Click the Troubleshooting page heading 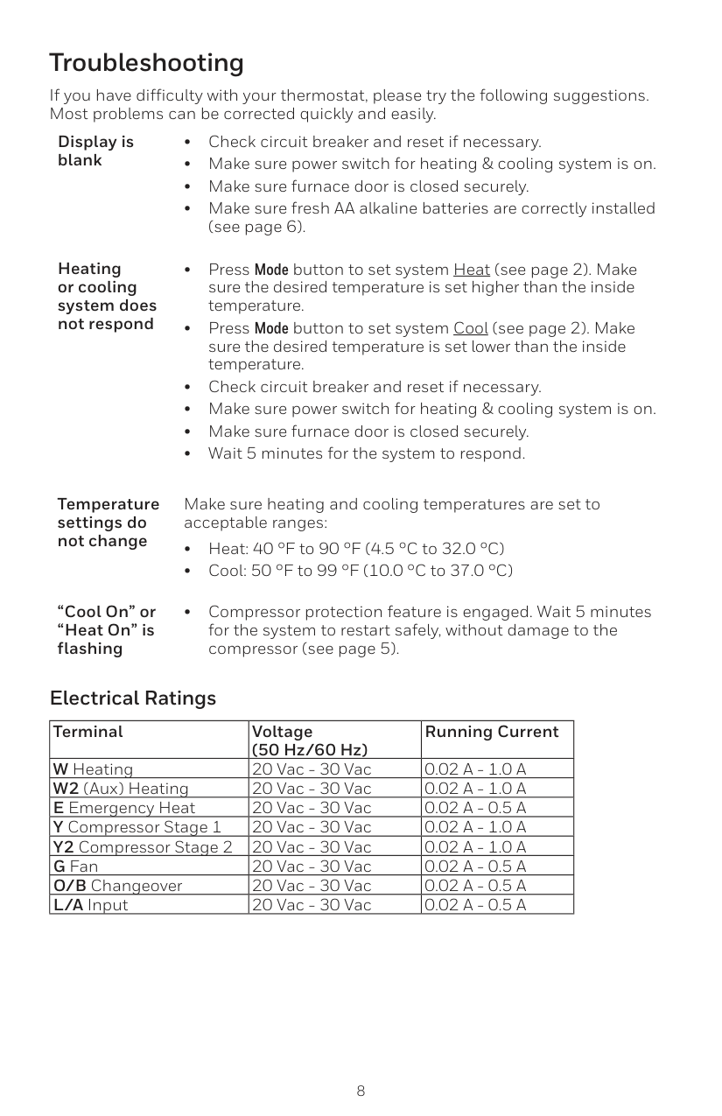click(146, 63)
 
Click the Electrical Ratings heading click(133, 698)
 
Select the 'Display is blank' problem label click(95, 151)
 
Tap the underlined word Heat click(471, 270)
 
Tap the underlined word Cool click(470, 328)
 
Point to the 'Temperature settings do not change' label click(108, 523)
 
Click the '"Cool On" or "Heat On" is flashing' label click(106, 630)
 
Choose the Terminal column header click(88, 732)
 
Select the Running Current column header click(491, 732)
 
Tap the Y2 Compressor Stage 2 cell click(143, 846)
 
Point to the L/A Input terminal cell click(91, 904)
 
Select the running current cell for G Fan click(475, 866)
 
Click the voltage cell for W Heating click(311, 769)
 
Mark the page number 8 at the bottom click(361, 1091)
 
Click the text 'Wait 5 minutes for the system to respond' click(367, 453)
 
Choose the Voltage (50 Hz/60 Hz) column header click(309, 740)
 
